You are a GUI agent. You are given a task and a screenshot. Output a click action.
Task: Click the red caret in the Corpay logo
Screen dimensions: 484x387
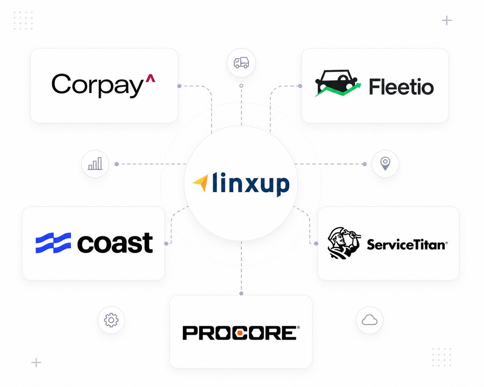click(150, 78)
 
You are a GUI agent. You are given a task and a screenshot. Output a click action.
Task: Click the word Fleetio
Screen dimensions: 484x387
click(401, 87)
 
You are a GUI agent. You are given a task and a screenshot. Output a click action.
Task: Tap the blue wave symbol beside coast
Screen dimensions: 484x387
click(53, 243)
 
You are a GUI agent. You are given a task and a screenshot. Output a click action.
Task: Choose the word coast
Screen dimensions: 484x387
click(115, 243)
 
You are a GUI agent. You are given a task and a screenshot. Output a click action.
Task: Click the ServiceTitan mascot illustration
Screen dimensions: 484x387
click(343, 243)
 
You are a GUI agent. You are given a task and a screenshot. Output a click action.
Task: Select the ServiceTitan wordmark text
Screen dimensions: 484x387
click(407, 245)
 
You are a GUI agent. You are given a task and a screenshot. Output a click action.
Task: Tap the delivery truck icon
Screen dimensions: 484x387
click(241, 62)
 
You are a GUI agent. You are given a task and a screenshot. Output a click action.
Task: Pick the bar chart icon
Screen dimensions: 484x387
click(95, 163)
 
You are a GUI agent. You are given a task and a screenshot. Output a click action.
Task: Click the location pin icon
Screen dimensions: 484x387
click(385, 163)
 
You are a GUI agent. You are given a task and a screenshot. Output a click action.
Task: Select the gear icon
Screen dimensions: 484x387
click(111, 320)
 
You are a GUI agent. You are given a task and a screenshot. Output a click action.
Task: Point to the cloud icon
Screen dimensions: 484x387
click(369, 320)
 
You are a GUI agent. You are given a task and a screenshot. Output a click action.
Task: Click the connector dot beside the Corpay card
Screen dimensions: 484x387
click(179, 86)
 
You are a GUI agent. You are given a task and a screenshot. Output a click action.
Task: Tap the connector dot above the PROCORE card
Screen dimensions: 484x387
click(241, 293)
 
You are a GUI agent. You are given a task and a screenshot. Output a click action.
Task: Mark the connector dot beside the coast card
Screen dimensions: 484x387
click(166, 244)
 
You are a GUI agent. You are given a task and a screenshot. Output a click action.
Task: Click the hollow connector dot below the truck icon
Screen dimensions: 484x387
click(241, 86)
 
